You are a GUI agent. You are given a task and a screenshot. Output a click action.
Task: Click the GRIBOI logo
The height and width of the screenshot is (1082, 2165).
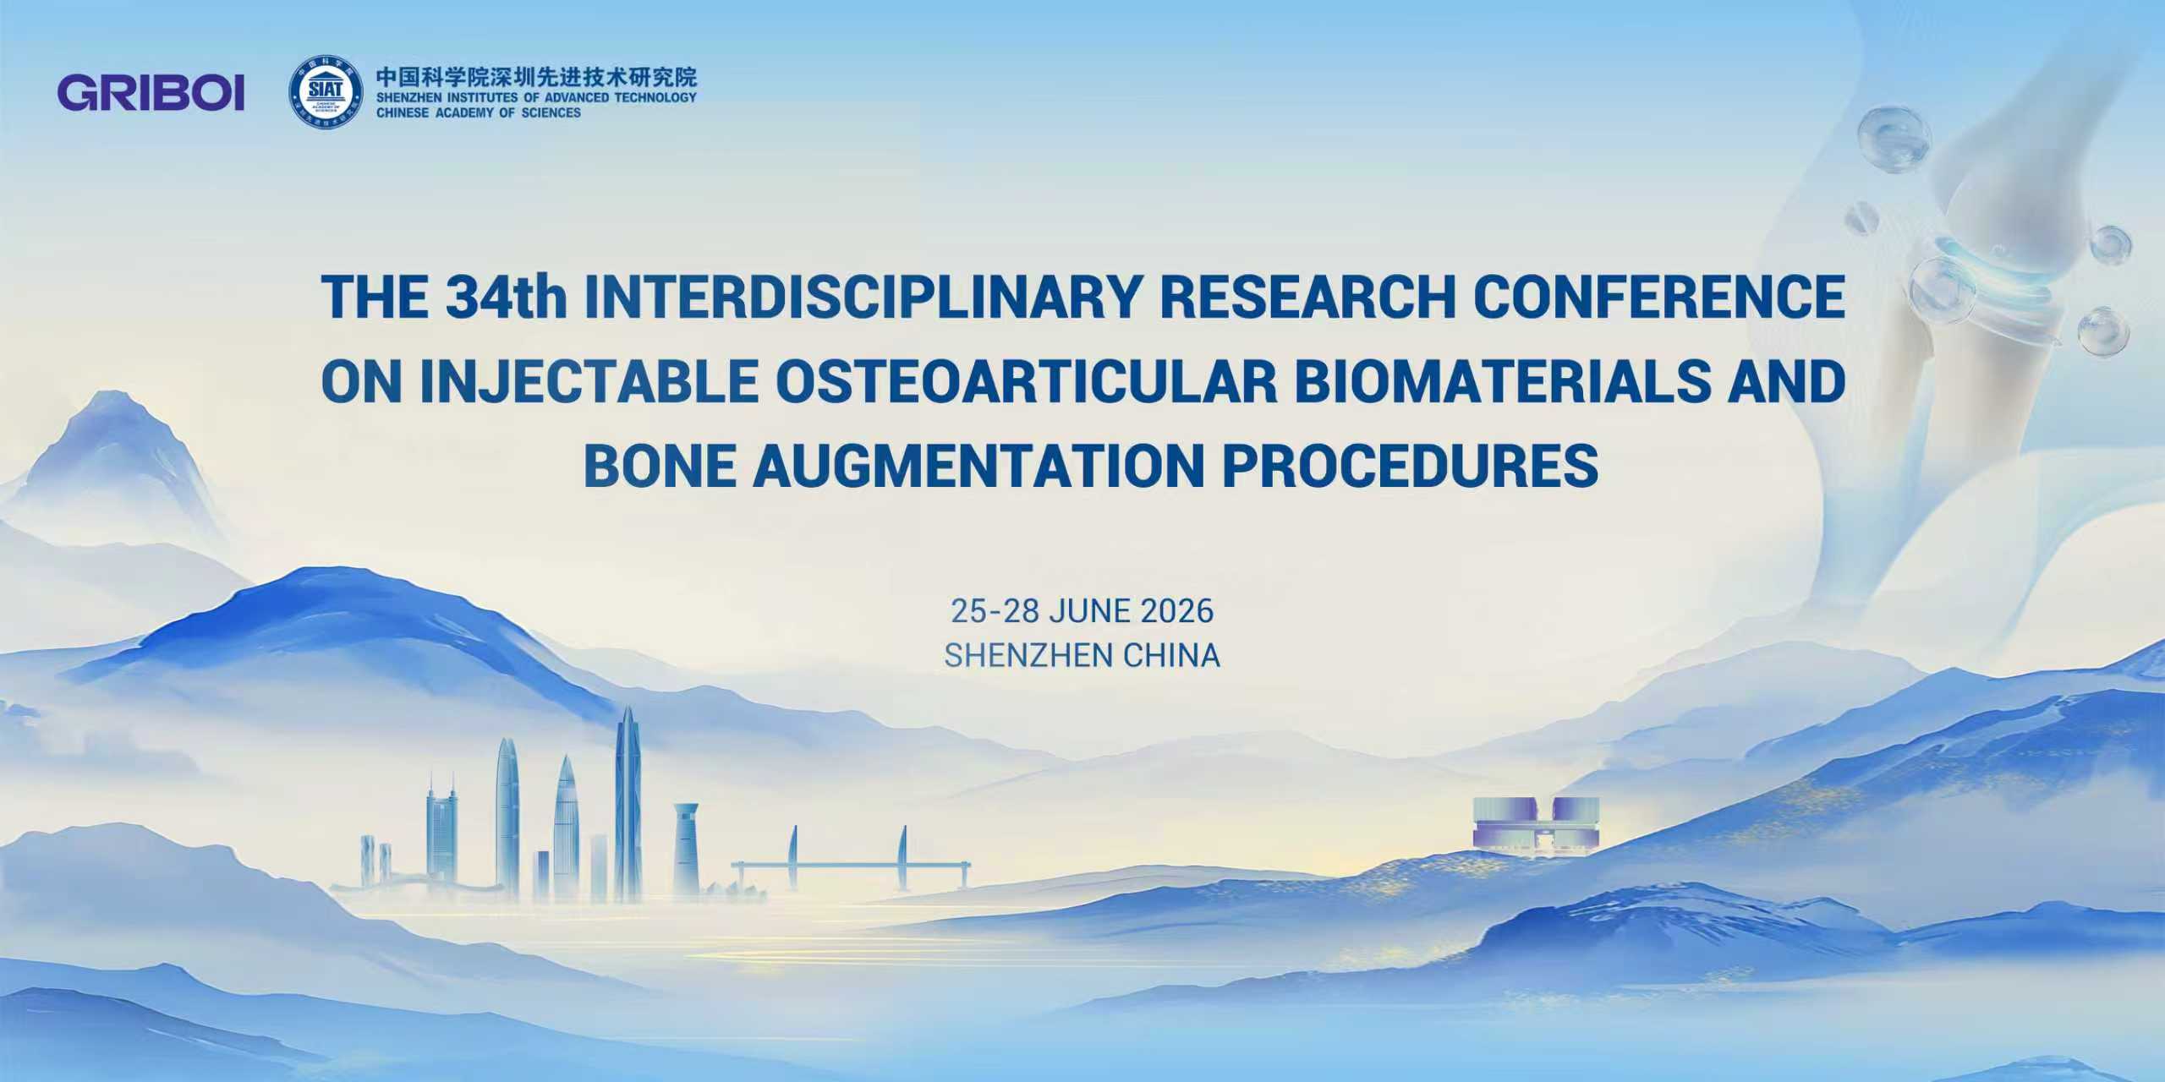(151, 93)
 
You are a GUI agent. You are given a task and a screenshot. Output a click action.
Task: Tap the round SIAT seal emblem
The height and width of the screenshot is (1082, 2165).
(326, 93)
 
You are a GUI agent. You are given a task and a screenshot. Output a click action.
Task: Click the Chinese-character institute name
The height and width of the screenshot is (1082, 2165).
(536, 78)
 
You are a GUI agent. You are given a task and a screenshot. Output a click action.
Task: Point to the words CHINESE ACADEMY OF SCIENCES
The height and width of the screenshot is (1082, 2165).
(479, 113)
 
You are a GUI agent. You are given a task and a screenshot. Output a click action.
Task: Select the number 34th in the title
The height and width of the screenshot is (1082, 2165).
(506, 297)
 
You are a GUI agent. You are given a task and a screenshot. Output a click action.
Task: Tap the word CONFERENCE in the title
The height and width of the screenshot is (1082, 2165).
(1660, 297)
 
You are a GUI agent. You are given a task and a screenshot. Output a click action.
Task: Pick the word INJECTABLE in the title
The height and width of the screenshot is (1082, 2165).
(588, 381)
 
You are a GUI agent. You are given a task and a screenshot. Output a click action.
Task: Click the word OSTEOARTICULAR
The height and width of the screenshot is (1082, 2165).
(1026, 381)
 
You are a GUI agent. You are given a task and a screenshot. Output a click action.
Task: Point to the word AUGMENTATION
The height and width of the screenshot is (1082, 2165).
(978, 466)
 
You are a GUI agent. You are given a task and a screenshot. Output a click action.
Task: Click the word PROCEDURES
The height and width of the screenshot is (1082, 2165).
(1411, 466)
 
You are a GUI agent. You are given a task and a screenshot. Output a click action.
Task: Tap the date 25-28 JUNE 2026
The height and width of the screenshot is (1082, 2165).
(1082, 611)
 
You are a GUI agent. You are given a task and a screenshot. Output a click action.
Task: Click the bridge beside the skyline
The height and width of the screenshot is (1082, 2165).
(850, 866)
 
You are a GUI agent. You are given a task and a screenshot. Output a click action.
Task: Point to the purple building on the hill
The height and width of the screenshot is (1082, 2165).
(1536, 824)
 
